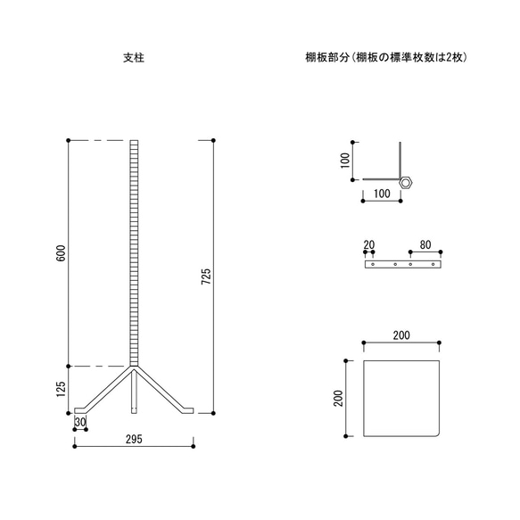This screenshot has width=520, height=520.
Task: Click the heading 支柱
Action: [x=134, y=58]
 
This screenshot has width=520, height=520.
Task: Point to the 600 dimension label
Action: [x=61, y=253]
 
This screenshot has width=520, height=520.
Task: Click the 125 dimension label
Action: [x=61, y=390]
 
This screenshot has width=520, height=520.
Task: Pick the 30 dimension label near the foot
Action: [x=80, y=423]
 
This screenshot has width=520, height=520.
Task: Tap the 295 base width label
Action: [x=134, y=440]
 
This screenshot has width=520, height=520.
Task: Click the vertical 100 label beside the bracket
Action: [x=345, y=161]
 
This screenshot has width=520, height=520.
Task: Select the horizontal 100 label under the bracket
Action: [x=381, y=193]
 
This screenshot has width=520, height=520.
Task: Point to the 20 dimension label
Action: [x=368, y=243]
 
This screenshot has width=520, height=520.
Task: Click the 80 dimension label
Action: [x=425, y=243]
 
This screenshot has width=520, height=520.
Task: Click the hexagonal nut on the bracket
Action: [x=407, y=181]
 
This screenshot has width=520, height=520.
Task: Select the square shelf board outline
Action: [x=403, y=398]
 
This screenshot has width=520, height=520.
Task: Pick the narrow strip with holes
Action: [x=402, y=265]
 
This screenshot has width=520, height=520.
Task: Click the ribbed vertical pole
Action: [x=134, y=250]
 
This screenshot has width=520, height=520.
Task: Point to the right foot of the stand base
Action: [x=186, y=409]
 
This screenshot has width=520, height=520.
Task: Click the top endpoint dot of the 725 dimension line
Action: [x=214, y=140]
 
